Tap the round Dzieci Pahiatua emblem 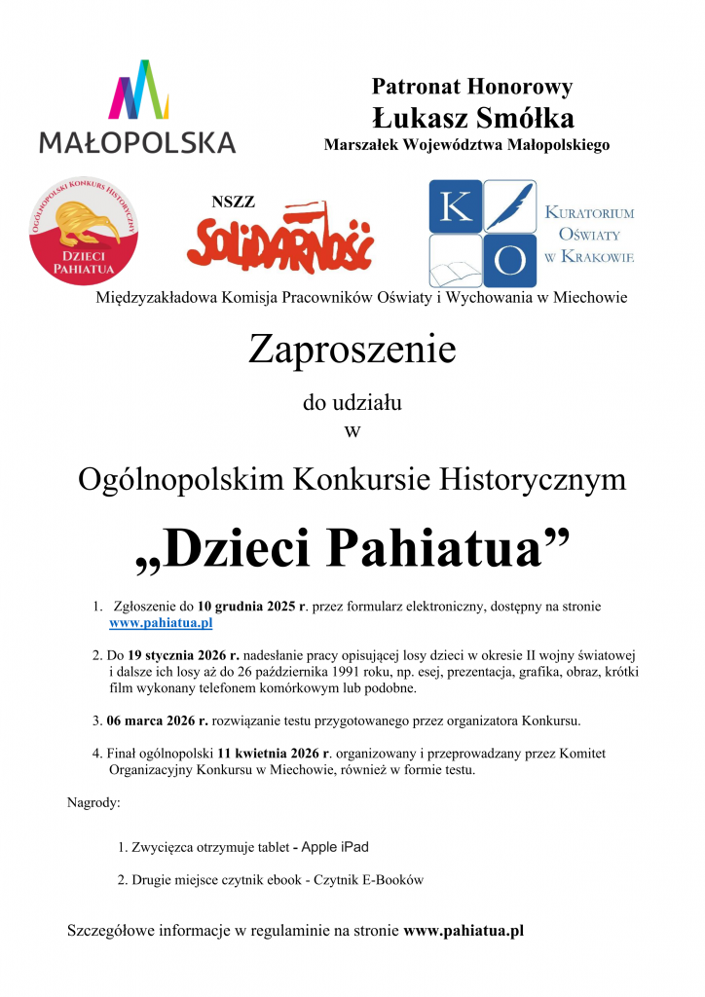84,231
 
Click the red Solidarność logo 280,238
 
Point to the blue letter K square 455,206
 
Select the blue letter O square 511,260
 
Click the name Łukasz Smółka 472,119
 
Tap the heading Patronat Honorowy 472,87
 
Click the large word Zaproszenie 352,349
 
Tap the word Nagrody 93,803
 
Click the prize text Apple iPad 335,847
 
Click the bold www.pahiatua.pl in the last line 464,930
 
